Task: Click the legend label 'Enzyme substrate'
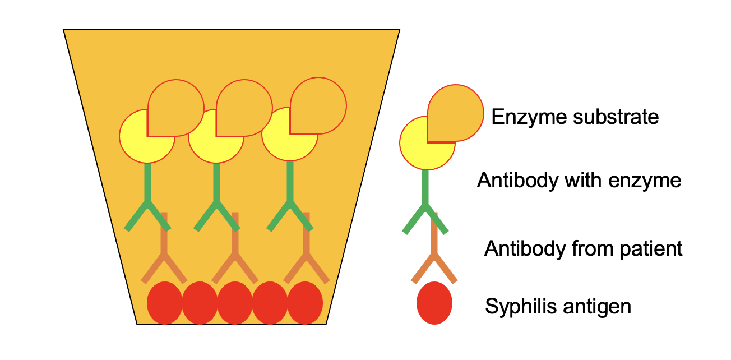pos(575,117)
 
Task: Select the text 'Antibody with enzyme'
pos(579,181)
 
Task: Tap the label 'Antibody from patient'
pos(583,248)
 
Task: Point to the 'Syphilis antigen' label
pos(558,307)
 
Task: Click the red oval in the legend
pos(434,303)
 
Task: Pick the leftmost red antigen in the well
pos(164,303)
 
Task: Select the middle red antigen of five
pos(234,303)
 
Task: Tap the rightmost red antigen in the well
pos(305,303)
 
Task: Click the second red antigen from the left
pos(200,303)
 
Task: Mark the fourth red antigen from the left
pos(270,303)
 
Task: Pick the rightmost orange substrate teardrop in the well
pos(318,105)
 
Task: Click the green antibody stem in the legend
pos(425,188)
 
